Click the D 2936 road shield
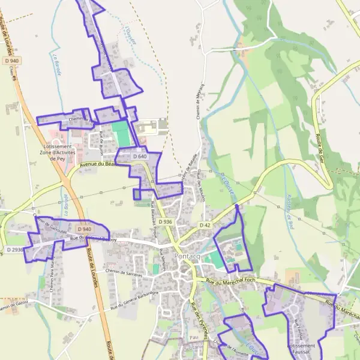(16, 249)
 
